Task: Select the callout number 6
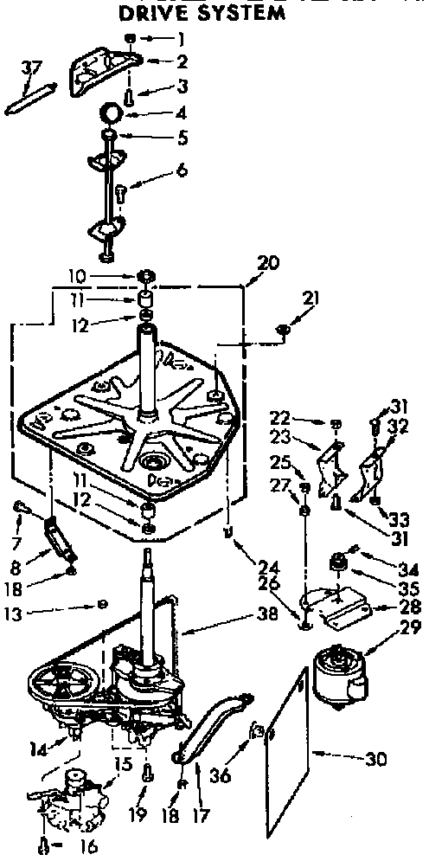click(x=182, y=170)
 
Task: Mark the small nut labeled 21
click(x=284, y=330)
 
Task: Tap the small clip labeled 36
click(x=257, y=731)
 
